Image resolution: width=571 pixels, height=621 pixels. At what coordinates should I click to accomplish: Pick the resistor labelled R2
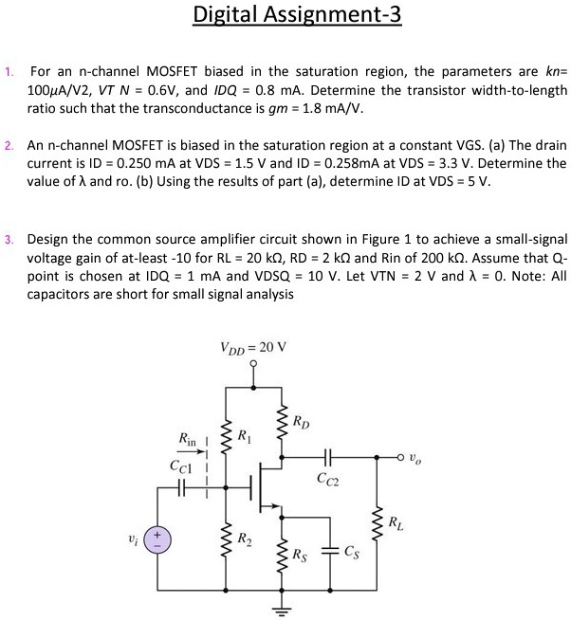pyautogui.click(x=227, y=541)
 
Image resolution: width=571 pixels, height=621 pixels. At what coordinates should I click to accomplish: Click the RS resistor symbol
pyautogui.click(x=282, y=556)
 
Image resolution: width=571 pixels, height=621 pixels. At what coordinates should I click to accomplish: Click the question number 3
pyautogui.click(x=8, y=239)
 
